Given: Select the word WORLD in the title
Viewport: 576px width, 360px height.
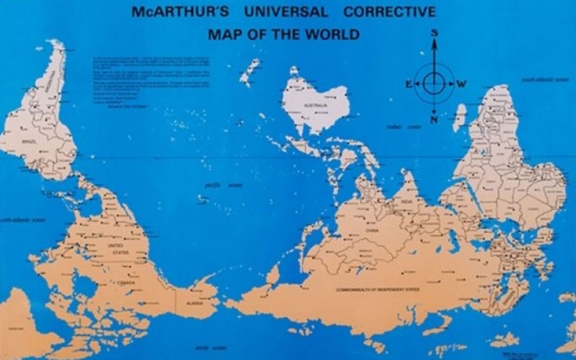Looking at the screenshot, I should [x=335, y=34].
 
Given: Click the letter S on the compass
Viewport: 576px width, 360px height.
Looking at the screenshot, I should [x=435, y=34].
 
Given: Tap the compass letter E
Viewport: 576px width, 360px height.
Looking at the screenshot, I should [x=408, y=84].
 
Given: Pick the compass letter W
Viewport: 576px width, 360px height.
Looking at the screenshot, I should [x=462, y=84].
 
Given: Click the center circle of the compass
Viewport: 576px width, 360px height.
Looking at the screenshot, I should [x=434, y=83].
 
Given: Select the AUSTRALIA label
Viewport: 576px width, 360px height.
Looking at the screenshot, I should [x=314, y=105].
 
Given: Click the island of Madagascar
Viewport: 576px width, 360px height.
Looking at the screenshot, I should [x=460, y=118].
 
